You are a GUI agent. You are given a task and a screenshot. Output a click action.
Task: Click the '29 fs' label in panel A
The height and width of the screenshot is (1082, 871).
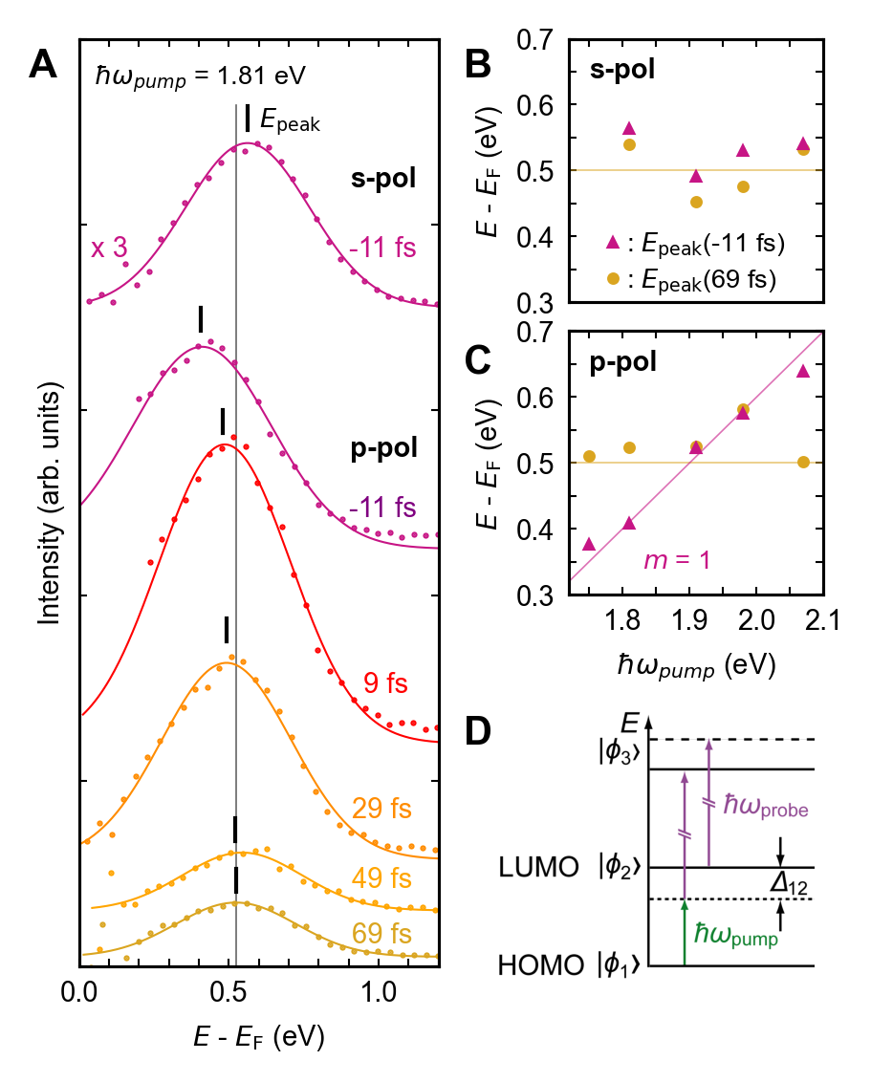click(381, 810)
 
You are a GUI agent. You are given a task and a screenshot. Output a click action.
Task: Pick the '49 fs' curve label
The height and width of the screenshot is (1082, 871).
click(381, 877)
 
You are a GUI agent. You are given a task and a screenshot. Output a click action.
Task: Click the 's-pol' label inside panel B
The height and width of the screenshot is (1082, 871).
click(621, 69)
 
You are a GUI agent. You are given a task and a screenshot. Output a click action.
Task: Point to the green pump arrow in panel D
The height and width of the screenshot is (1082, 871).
click(686, 932)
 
